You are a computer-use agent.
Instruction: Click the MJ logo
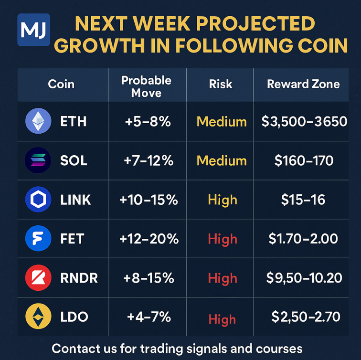(33, 30)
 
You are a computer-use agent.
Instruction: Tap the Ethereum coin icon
(38, 121)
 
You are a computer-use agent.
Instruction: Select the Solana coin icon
(38, 160)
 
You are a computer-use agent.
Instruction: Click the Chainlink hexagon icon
(38, 200)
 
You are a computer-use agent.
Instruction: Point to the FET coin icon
(38, 239)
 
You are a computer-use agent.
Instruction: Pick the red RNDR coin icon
(38, 278)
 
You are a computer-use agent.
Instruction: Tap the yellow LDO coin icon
(38, 318)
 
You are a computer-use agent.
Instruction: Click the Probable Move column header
(146, 86)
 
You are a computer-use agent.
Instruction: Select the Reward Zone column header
(303, 85)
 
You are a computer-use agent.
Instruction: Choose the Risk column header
(221, 85)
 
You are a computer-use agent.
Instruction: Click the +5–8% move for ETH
(148, 121)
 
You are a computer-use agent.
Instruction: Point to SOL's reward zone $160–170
(304, 160)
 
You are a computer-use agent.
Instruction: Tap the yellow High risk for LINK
(223, 200)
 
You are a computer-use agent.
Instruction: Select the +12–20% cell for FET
(149, 239)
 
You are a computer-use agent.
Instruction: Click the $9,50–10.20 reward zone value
(304, 278)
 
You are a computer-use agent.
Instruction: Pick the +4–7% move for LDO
(148, 317)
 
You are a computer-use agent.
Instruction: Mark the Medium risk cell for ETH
(222, 121)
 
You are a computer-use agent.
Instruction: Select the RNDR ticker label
(79, 278)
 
